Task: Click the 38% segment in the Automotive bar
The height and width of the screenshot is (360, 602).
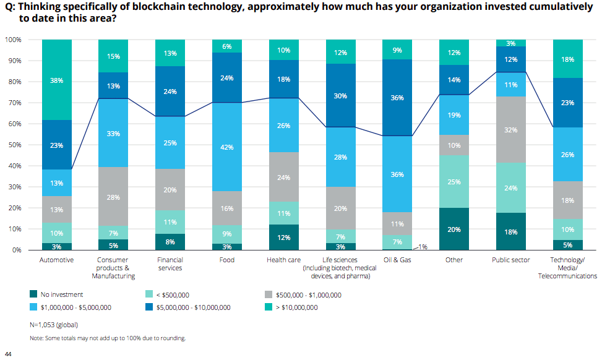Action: (56, 80)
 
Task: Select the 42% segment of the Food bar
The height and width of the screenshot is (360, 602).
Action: (226, 147)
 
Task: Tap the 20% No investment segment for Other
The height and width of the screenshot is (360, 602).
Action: (454, 229)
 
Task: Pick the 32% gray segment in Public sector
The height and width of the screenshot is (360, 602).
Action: (511, 130)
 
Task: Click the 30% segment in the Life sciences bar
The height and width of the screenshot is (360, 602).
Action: (340, 96)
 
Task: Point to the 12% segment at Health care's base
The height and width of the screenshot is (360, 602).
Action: (283, 238)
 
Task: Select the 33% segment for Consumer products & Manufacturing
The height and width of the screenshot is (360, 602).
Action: (113, 133)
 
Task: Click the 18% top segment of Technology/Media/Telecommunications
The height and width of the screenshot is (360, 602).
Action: (567, 59)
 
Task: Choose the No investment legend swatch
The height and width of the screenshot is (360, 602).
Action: (35, 295)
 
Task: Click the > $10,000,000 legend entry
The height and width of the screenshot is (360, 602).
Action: (296, 307)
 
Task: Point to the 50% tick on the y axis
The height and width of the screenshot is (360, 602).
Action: (14, 145)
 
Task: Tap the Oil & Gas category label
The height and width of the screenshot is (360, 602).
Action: (397, 260)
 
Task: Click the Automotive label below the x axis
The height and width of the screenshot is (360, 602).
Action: (56, 260)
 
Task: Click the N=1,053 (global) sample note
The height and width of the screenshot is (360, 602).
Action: (54, 324)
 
